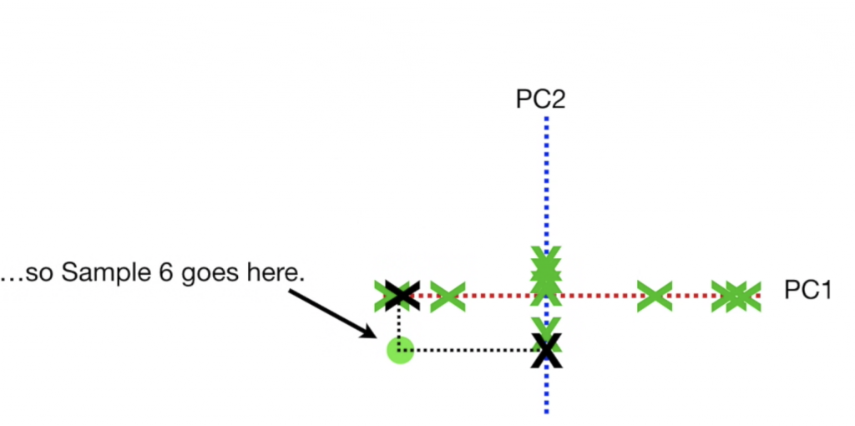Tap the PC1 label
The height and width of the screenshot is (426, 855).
pos(807,291)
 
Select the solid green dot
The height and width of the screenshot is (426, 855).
pos(400,350)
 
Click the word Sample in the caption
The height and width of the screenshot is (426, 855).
pos(103,273)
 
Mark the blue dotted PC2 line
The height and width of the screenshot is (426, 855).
pos(546,184)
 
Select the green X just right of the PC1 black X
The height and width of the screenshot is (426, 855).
pos(448,296)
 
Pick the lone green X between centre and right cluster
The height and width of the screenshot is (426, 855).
pos(655,295)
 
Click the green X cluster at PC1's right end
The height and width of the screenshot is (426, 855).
pos(735,296)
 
